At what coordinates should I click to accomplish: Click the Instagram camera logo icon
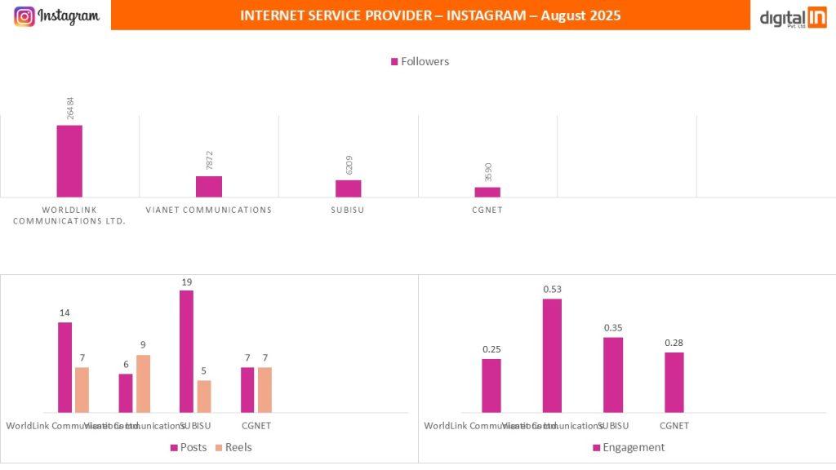click(24, 16)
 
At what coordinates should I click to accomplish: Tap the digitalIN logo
click(793, 17)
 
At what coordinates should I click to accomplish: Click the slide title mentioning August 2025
click(430, 16)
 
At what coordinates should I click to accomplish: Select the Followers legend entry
click(420, 61)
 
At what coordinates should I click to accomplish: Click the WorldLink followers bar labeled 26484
click(69, 161)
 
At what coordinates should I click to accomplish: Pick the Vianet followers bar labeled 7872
click(209, 186)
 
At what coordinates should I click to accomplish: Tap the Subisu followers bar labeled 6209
click(349, 188)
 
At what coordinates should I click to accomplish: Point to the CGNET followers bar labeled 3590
click(487, 192)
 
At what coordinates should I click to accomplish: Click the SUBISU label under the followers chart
click(349, 210)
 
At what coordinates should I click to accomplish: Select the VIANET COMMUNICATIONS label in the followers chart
click(208, 210)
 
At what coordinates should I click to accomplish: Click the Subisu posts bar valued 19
click(186, 351)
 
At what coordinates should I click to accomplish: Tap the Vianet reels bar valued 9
click(143, 384)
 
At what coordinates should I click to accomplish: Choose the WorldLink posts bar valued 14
click(64, 367)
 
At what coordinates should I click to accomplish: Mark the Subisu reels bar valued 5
click(204, 396)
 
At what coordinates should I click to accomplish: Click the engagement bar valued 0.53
click(552, 355)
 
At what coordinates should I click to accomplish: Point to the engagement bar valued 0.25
click(491, 385)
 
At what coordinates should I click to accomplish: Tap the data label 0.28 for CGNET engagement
click(674, 343)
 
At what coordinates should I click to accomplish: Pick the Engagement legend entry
click(628, 447)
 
